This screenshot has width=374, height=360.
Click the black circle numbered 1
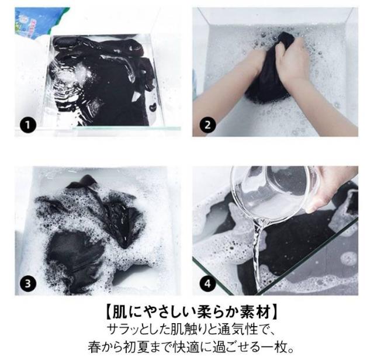coord(28,124)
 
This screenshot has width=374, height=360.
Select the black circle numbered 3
coord(28,283)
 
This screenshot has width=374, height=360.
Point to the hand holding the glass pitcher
coord(334,188)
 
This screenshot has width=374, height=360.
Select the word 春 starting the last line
coord(94,347)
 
